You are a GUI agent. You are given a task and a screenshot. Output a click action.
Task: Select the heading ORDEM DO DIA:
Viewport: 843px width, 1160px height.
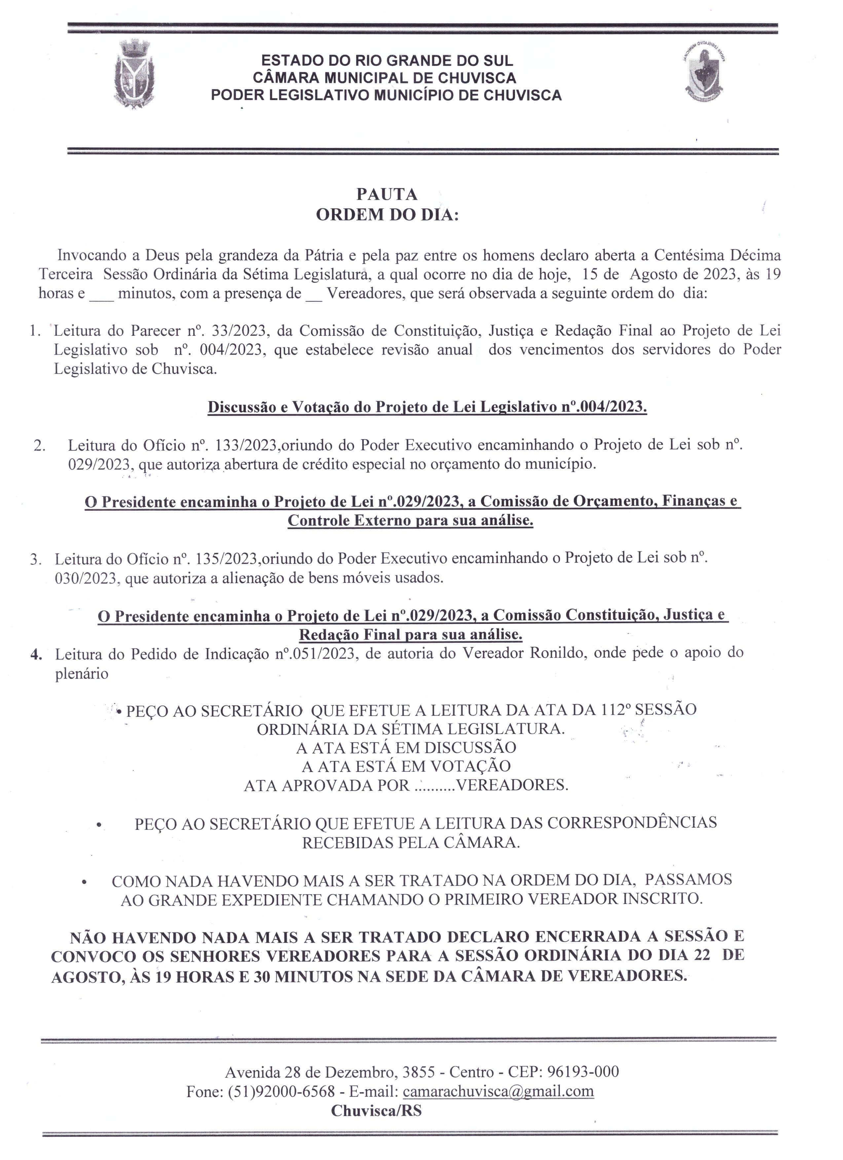point(387,215)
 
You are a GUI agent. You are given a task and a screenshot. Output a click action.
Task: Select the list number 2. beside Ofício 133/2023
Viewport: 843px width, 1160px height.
point(39,446)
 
